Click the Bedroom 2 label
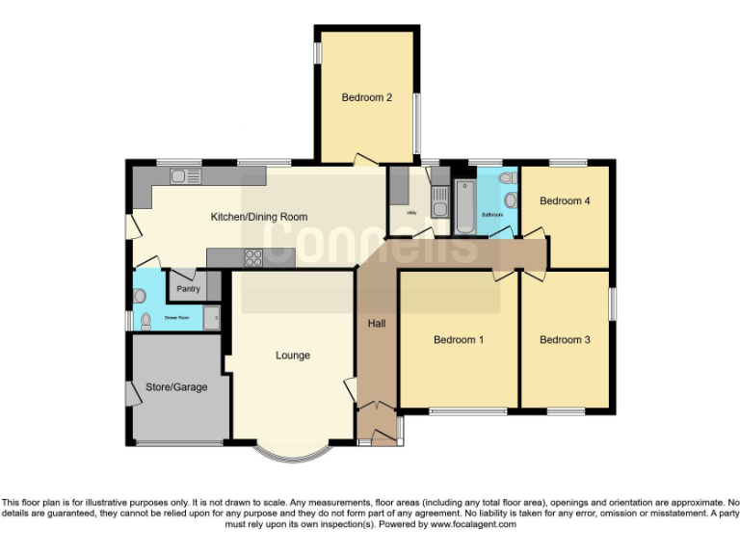click(x=366, y=97)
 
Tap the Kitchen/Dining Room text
click(x=259, y=217)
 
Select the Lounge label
click(x=293, y=356)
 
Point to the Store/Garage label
click(x=176, y=387)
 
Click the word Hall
click(x=377, y=324)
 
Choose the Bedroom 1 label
click(x=459, y=340)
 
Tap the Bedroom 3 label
click(x=565, y=340)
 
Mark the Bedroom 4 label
click(x=565, y=201)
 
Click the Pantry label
click(x=187, y=288)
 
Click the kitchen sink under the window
click(x=184, y=176)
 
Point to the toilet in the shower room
click(x=145, y=321)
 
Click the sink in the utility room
click(x=440, y=202)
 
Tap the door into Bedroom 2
click(x=365, y=158)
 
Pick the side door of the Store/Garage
click(x=131, y=393)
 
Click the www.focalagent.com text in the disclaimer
click(x=472, y=525)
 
